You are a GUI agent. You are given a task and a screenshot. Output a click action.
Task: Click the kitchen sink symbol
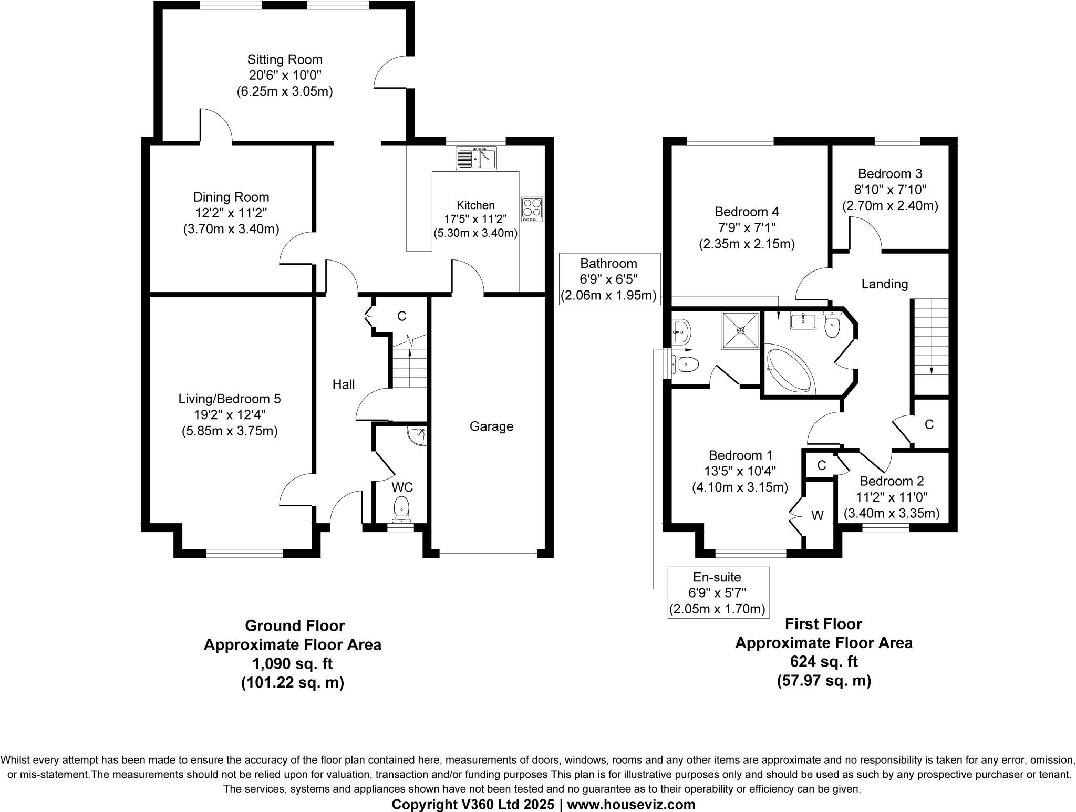(x=477, y=158)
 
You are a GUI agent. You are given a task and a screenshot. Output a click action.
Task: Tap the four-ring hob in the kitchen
(x=532, y=210)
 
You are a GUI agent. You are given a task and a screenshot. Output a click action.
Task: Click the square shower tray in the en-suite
(x=740, y=330)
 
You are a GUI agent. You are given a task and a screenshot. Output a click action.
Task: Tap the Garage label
(x=491, y=426)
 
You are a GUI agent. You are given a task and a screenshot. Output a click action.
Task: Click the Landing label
(x=884, y=284)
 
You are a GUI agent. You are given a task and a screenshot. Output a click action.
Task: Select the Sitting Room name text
(x=285, y=59)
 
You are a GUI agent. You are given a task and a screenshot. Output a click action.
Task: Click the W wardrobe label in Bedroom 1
(x=817, y=516)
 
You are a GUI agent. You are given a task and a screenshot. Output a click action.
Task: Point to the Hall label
(x=343, y=384)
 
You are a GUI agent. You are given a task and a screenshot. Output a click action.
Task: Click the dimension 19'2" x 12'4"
(x=230, y=415)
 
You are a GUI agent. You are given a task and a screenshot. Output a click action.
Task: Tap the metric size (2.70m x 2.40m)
(x=890, y=205)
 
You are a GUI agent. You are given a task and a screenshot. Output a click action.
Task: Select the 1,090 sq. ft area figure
(x=292, y=664)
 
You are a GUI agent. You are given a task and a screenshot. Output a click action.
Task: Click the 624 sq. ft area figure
(x=824, y=661)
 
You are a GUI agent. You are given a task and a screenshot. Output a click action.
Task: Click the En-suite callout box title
(x=717, y=577)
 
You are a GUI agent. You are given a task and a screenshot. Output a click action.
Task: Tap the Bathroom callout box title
(x=608, y=263)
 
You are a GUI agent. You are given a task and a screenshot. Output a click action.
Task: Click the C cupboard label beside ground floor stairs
(x=401, y=316)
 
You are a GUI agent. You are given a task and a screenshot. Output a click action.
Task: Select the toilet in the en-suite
(x=687, y=363)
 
